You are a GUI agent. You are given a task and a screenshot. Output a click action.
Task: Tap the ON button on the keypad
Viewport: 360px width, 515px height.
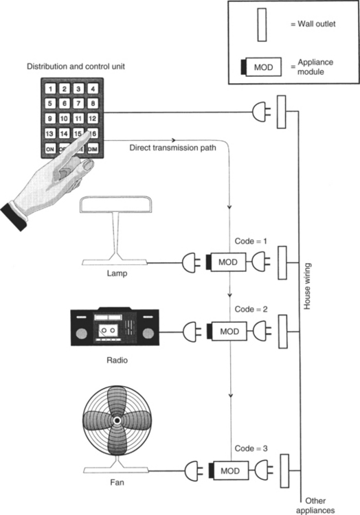pyautogui.click(x=50, y=149)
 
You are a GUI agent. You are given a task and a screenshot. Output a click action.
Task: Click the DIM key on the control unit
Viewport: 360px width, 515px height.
pyautogui.click(x=93, y=149)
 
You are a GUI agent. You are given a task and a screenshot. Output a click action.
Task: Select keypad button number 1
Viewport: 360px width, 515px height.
pyautogui.click(x=50, y=89)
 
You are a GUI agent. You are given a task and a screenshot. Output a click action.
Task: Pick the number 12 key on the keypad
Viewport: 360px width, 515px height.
pyautogui.click(x=93, y=118)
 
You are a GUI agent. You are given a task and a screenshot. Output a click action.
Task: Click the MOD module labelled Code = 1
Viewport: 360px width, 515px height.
pyautogui.click(x=226, y=262)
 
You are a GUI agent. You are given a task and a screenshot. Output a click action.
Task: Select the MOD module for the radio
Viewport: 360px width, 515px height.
pyautogui.click(x=227, y=331)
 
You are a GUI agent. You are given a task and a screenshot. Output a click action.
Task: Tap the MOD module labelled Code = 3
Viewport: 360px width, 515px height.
pyautogui.click(x=228, y=470)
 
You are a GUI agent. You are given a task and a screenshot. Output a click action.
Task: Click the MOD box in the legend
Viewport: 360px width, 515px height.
pyautogui.click(x=262, y=67)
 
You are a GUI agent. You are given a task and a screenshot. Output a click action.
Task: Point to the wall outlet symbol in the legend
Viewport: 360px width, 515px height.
pyautogui.click(x=262, y=25)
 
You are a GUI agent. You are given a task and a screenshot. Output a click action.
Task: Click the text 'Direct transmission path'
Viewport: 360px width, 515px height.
pyautogui.click(x=172, y=148)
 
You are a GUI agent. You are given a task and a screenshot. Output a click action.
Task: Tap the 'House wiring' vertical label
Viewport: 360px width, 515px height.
pyautogui.click(x=307, y=286)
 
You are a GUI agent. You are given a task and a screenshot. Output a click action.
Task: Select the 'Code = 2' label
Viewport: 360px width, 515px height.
pyautogui.click(x=251, y=309)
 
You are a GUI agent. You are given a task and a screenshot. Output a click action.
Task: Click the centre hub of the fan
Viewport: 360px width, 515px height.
pyautogui.click(x=117, y=420)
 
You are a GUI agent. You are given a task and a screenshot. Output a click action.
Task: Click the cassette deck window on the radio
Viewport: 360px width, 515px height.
pyautogui.click(x=109, y=330)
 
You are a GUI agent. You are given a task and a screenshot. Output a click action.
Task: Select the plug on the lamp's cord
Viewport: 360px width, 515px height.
pyautogui.click(x=191, y=262)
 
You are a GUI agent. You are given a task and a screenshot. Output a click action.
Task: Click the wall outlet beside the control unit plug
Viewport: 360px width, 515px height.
pyautogui.click(x=282, y=112)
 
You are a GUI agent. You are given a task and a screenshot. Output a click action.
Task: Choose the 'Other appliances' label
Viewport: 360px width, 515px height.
pyautogui.click(x=315, y=505)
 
